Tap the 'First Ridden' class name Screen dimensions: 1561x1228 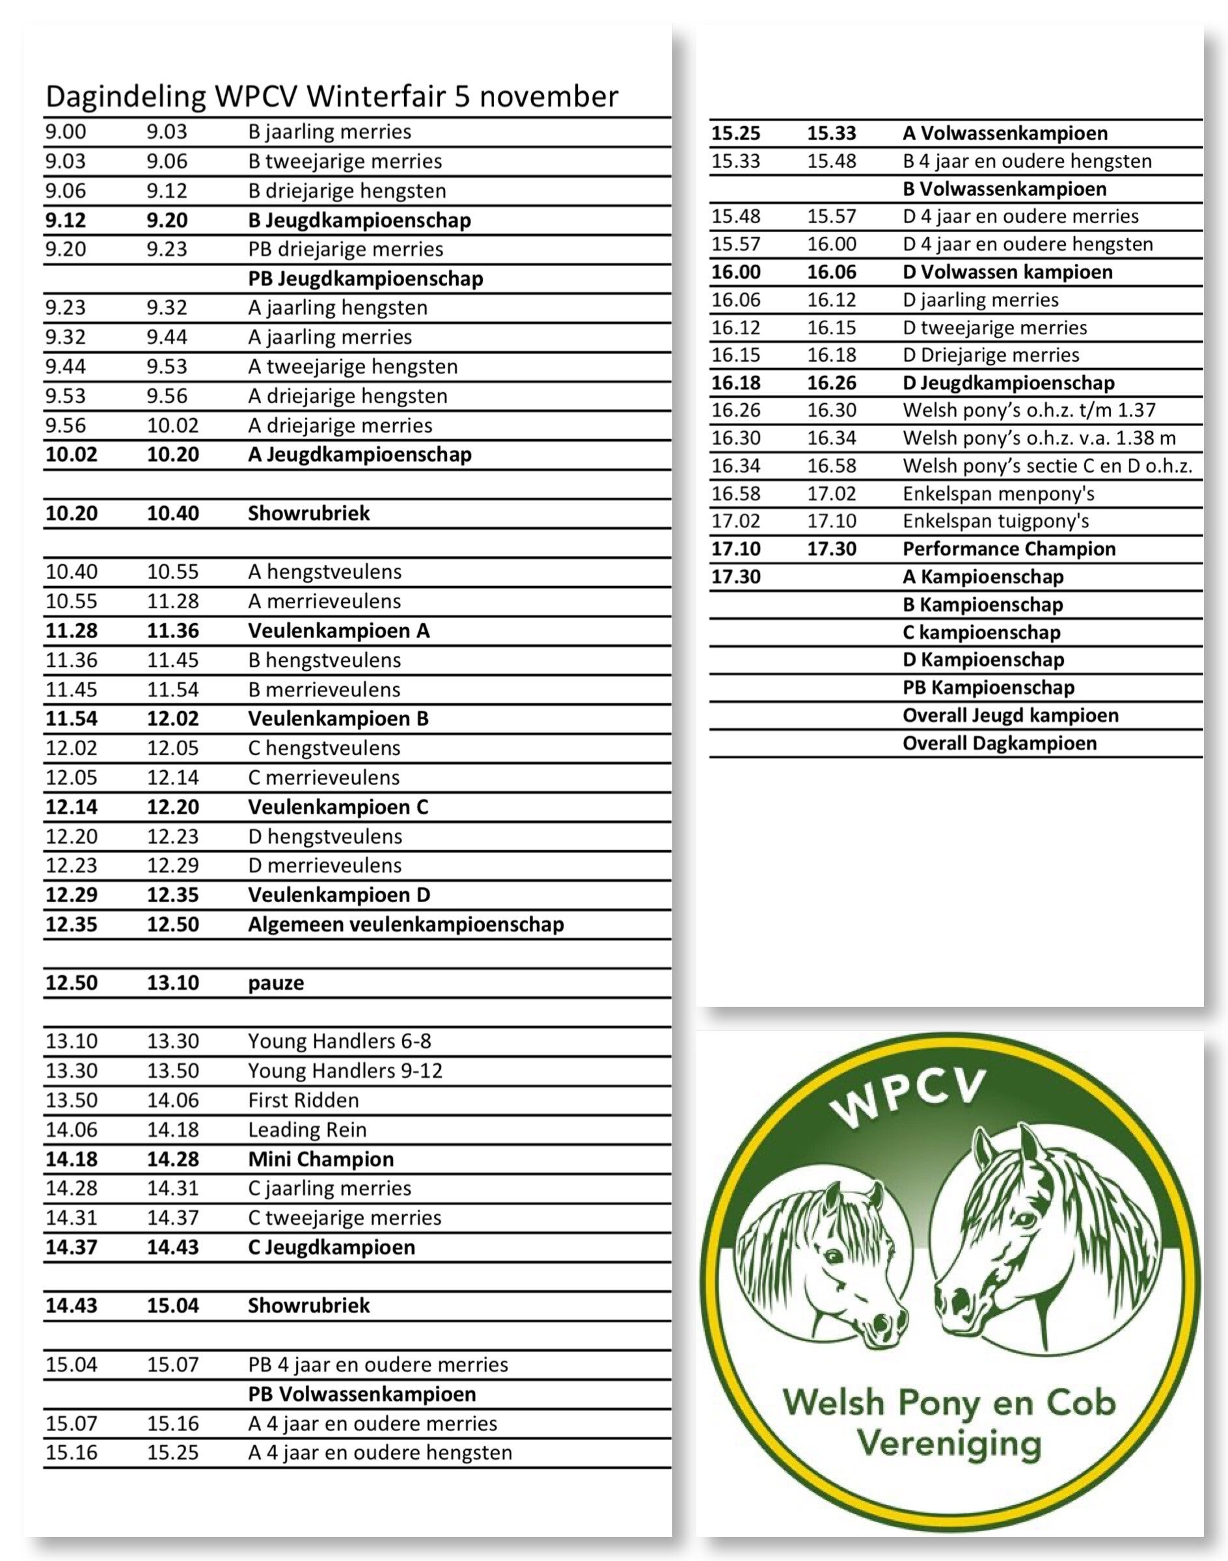point(303,1101)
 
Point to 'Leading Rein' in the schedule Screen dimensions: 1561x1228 point(307,1130)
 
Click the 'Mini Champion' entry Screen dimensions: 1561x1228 point(321,1159)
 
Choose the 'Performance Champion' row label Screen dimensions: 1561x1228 point(1009,549)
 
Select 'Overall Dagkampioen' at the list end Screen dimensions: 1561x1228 point(1000,743)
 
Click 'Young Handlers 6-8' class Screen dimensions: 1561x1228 point(339,1041)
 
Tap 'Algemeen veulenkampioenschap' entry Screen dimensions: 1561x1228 point(405,924)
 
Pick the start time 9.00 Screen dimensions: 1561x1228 point(66,131)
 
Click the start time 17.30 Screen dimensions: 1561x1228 point(735,577)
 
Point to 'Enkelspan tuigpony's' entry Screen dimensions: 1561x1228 point(996,521)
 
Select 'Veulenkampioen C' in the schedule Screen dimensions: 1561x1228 point(338,807)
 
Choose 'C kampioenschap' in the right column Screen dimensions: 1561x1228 point(981,632)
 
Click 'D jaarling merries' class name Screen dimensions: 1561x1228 point(981,300)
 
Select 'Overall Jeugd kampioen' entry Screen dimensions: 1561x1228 point(1010,716)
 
